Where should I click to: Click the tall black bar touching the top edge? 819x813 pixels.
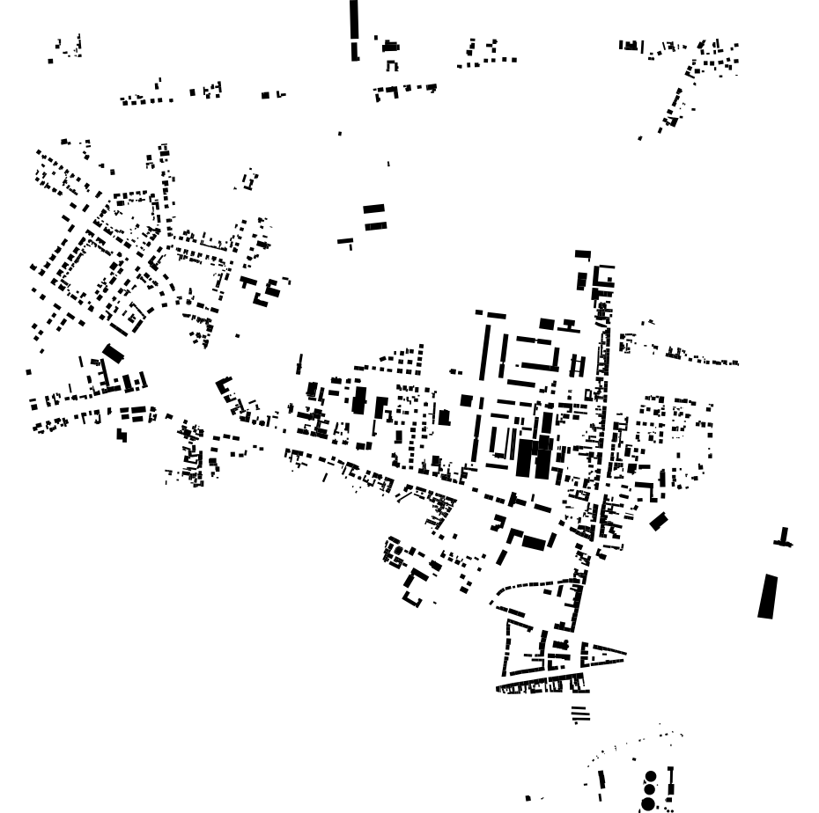[354, 18]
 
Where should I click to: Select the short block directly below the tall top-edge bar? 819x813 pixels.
[355, 50]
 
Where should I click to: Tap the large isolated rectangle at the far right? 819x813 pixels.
[768, 596]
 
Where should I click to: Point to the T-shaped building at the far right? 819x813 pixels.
[783, 538]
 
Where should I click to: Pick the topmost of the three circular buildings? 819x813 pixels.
[651, 776]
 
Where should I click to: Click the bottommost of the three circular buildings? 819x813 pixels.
[647, 804]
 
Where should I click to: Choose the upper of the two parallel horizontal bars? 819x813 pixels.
[374, 209]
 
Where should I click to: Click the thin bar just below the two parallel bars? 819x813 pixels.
[345, 240]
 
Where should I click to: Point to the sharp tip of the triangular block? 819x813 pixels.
[624, 652]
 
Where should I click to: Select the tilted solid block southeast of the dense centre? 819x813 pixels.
[659, 521]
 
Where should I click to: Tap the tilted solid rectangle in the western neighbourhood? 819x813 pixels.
[114, 353]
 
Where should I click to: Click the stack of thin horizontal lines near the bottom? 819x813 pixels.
[579, 714]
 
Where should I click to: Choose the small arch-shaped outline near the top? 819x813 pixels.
[392, 66]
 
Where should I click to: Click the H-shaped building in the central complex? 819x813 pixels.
[577, 364]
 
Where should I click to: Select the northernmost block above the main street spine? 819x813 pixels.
[582, 254]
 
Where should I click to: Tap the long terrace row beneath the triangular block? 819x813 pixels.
[542, 683]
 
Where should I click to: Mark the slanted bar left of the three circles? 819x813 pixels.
[602, 780]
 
